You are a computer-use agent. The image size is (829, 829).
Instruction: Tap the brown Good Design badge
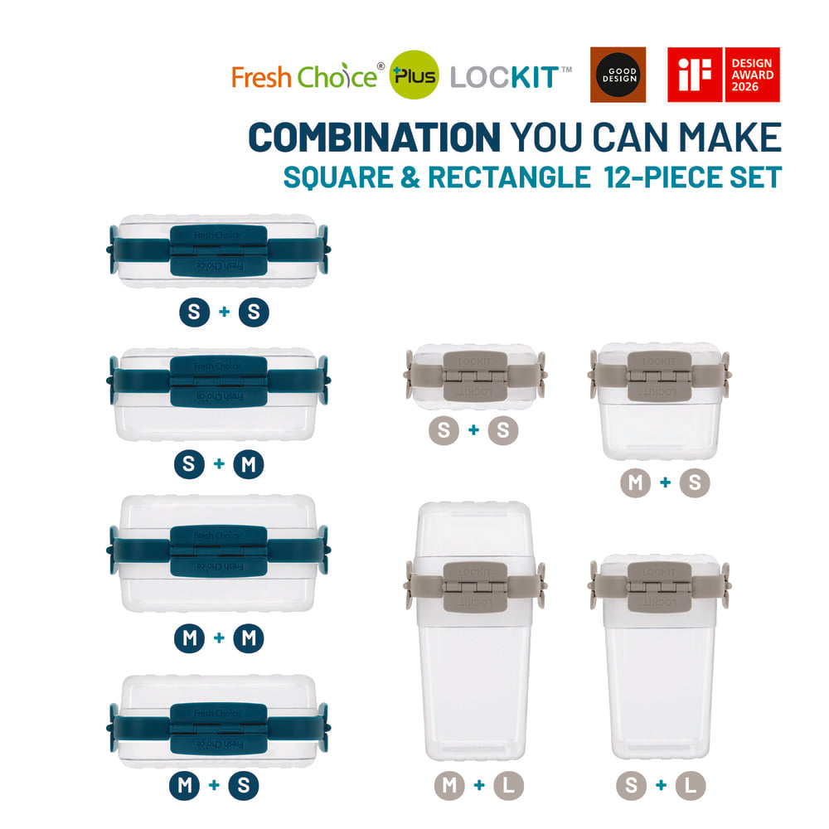(x=618, y=75)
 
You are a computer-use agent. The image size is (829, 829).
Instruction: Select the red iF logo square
(x=695, y=75)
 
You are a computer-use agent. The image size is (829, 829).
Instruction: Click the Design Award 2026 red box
(x=752, y=75)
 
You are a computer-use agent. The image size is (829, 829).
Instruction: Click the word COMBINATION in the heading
(x=374, y=138)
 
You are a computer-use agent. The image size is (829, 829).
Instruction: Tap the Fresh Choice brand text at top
(x=303, y=77)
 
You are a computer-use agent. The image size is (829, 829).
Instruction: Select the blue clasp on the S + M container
(x=219, y=381)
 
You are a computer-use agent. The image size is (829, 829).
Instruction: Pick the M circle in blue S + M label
(x=249, y=463)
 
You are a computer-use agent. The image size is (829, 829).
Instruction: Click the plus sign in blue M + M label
(x=219, y=638)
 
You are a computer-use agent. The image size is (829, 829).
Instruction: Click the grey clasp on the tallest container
(x=475, y=588)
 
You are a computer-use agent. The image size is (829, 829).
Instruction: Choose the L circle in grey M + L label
(x=509, y=786)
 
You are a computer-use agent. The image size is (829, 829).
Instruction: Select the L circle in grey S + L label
(x=691, y=786)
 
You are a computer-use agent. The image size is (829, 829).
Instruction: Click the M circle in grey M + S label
(x=635, y=482)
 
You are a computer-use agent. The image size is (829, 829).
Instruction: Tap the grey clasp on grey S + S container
(x=475, y=377)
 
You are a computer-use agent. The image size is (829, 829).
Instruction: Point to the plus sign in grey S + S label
(x=473, y=430)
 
